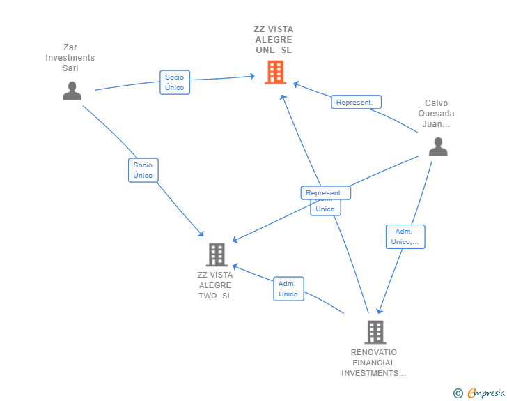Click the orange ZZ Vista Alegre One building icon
[275, 72]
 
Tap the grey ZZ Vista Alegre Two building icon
[217, 255]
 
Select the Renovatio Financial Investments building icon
[375, 332]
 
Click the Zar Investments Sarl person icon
[72, 91]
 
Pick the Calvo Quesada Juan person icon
[437, 146]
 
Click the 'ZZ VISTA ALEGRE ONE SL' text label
[274, 40]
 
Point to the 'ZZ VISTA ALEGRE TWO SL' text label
[215, 285]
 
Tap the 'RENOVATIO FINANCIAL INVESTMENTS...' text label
[374, 363]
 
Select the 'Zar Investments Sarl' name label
[70, 58]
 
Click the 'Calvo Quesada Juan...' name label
[437, 114]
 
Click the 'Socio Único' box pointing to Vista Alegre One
[174, 82]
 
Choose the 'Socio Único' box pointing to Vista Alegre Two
[143, 170]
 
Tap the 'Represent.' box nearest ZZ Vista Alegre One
[355, 103]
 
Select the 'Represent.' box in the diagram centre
[325, 192]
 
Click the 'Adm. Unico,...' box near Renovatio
[405, 236]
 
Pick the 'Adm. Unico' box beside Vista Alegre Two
[288, 289]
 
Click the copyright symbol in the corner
[458, 394]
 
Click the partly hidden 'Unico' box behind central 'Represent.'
[325, 208]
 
